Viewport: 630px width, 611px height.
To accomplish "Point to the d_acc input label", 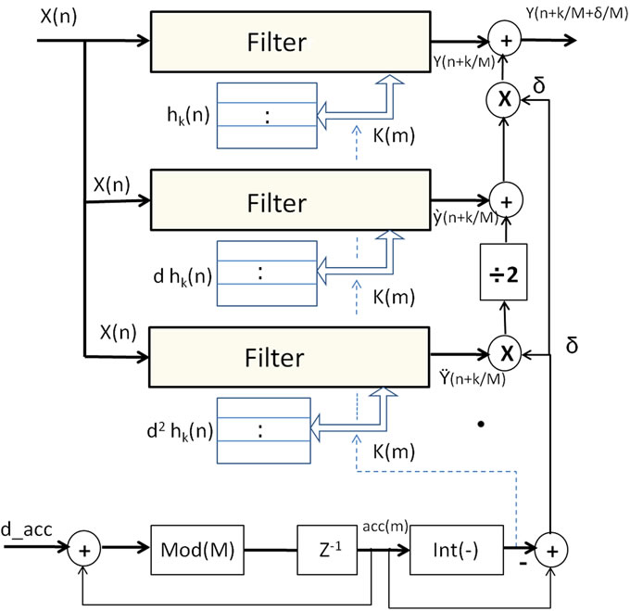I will tap(30, 530).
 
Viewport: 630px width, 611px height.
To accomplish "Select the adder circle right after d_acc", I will tap(85, 549).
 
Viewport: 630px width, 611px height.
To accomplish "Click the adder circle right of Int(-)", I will tap(551, 549).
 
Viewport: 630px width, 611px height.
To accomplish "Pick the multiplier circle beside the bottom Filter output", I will tap(504, 354).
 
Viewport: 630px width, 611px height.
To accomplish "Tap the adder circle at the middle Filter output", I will tap(504, 198).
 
